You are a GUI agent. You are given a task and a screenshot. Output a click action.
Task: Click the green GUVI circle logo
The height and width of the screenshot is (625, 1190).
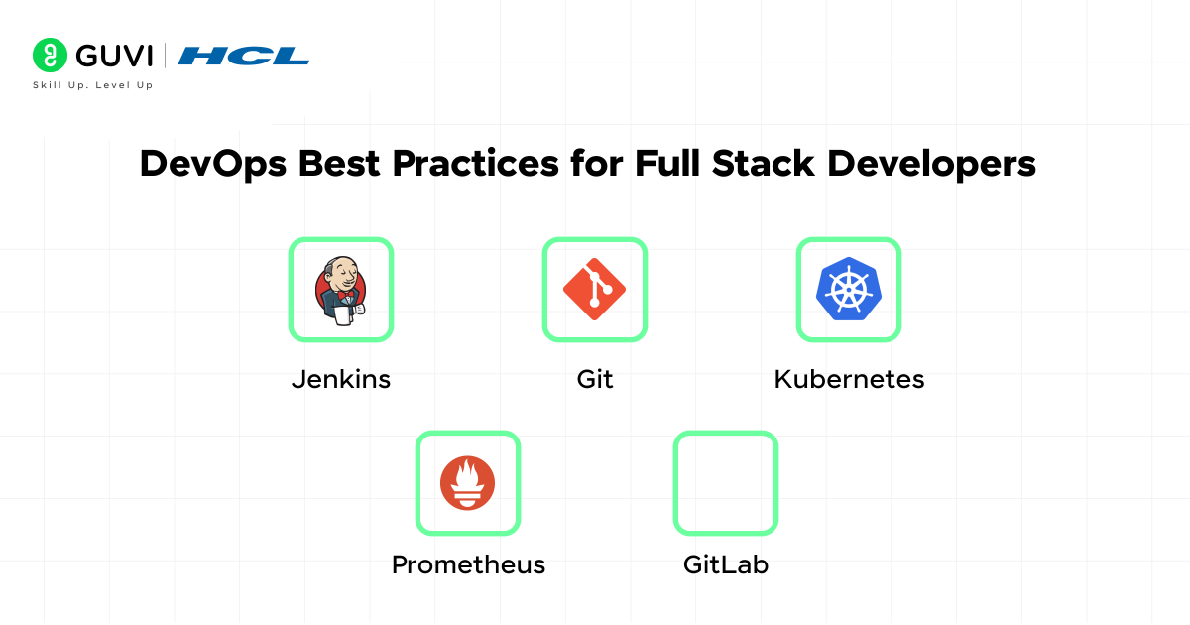click(50, 55)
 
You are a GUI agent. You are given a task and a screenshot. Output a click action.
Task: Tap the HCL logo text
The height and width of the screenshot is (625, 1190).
click(243, 56)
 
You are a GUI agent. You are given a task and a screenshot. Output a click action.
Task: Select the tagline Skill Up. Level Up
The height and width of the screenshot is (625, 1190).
click(93, 85)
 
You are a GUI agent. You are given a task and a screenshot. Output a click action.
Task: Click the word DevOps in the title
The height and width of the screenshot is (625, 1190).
click(213, 164)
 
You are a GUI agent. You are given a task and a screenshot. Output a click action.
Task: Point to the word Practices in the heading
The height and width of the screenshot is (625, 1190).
click(475, 163)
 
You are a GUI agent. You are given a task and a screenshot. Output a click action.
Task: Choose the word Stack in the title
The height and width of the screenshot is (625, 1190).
click(763, 163)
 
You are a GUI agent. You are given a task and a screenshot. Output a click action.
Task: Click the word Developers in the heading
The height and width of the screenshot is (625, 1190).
click(932, 164)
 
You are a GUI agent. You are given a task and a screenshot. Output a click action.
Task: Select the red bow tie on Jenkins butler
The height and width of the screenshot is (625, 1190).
click(345, 294)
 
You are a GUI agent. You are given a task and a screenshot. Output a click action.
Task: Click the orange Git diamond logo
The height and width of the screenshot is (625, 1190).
click(594, 290)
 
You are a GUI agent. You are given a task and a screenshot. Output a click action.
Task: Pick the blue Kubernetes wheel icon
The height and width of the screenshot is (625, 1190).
click(849, 289)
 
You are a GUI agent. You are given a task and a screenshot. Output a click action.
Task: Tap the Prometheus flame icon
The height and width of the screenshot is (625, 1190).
click(467, 483)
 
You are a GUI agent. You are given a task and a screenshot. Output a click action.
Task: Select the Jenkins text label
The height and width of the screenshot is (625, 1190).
click(341, 379)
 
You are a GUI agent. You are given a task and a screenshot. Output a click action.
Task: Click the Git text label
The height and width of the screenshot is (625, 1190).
click(595, 379)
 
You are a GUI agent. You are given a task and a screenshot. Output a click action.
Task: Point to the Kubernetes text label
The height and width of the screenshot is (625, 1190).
click(849, 379)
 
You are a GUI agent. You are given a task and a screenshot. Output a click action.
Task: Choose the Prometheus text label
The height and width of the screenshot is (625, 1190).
click(468, 564)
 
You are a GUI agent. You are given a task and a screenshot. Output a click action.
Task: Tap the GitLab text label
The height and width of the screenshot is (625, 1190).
click(726, 564)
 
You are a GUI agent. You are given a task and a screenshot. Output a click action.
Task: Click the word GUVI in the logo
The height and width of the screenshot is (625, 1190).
click(114, 56)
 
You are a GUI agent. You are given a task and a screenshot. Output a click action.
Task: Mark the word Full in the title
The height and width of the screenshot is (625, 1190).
click(667, 163)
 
